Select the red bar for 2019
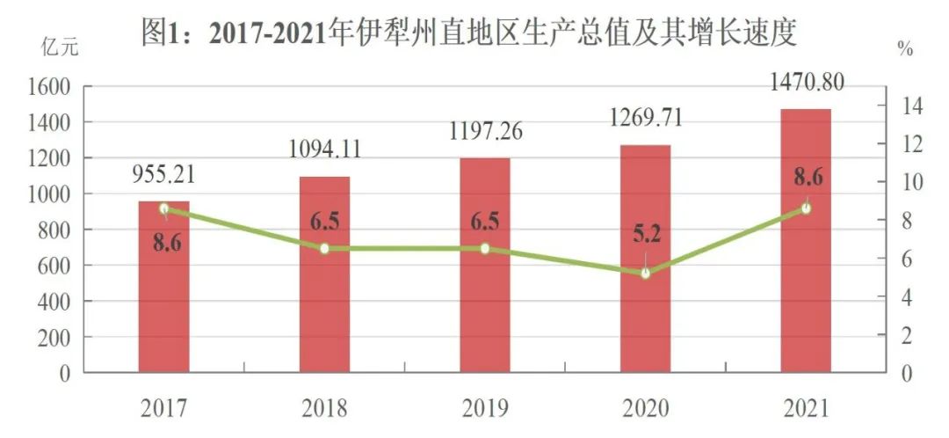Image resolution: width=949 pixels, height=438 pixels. click(x=484, y=273)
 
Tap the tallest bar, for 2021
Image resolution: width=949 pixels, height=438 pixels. click(x=806, y=246)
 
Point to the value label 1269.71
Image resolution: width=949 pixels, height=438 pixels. click(x=646, y=117)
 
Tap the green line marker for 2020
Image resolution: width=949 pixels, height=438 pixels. click(x=646, y=274)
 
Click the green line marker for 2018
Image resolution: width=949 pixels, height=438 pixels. click(x=324, y=249)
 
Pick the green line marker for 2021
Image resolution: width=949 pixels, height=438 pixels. click(x=806, y=208)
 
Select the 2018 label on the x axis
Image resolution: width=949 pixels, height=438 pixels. click(x=324, y=408)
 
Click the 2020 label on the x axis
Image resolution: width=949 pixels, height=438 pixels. click(x=646, y=408)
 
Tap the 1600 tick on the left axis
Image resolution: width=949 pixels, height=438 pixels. click(x=52, y=86)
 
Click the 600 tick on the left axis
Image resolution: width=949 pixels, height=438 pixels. click(x=57, y=266)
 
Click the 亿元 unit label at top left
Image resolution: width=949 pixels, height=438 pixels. click(x=61, y=48)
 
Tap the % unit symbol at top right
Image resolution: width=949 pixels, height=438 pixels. click(x=905, y=49)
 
